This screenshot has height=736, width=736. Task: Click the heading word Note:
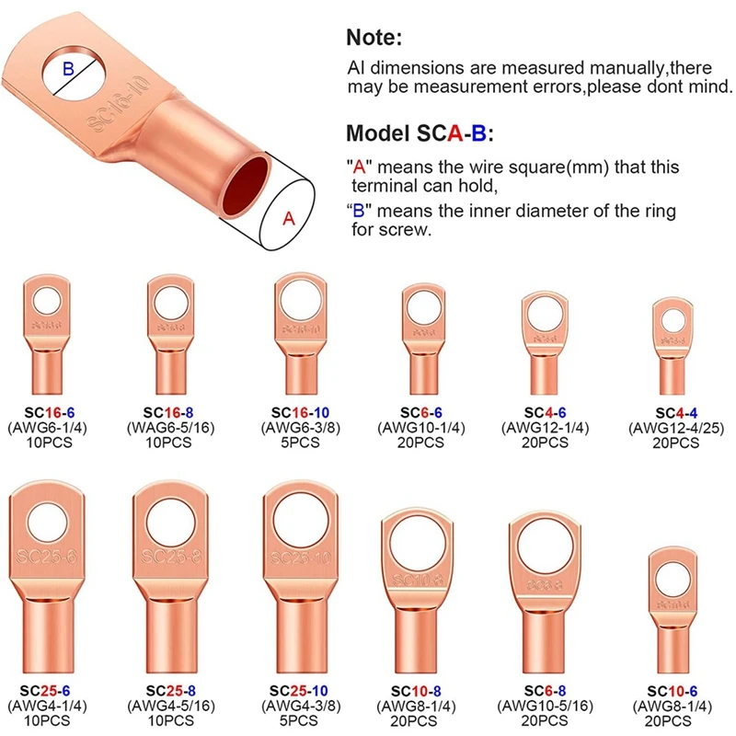pos(374,38)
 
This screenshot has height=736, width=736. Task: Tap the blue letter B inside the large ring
pos(67,68)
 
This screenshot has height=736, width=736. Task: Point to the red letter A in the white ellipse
pos(288,219)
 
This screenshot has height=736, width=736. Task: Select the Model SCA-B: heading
pos(420,133)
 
